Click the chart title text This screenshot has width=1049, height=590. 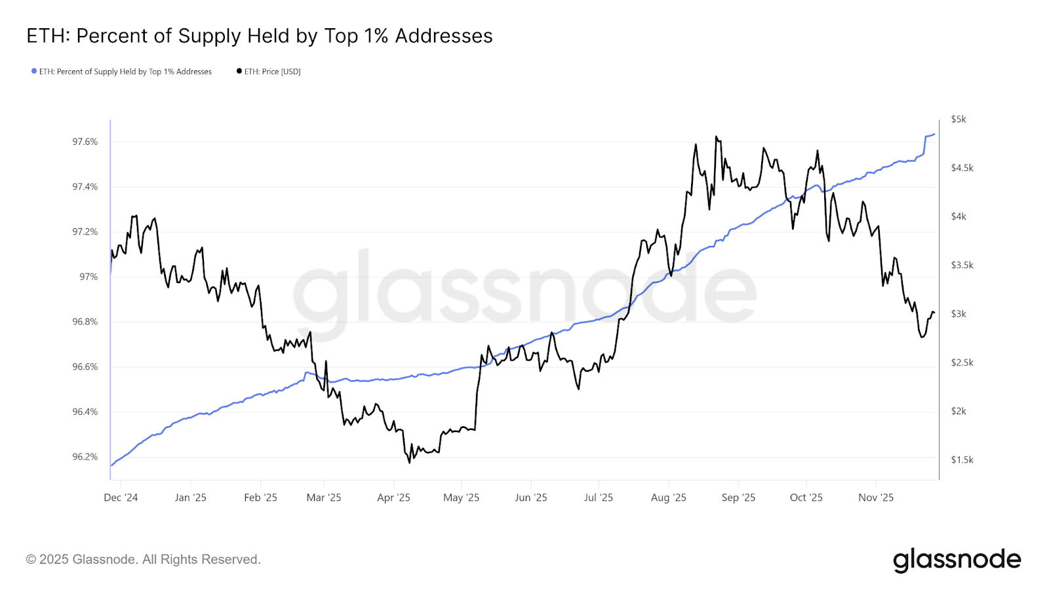[x=259, y=36]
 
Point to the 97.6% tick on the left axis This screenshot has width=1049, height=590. [x=85, y=142]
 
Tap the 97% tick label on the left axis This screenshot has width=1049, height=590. [x=89, y=277]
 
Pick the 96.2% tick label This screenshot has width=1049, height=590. [x=85, y=457]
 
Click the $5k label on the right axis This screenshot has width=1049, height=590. [x=959, y=119]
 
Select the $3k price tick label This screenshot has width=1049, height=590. [x=959, y=314]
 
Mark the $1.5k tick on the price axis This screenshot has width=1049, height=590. [x=962, y=460]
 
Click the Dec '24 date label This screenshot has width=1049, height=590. [x=121, y=498]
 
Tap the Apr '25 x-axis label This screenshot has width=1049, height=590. [x=393, y=498]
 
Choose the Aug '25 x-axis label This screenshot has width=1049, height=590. [x=668, y=498]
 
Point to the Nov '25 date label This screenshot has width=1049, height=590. [x=876, y=498]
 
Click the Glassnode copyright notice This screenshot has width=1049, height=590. [x=144, y=559]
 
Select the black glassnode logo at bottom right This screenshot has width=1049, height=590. [x=957, y=560]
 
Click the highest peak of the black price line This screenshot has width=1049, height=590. [x=716, y=136]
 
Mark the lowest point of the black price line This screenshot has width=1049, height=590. [x=410, y=463]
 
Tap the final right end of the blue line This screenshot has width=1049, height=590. [x=934, y=134]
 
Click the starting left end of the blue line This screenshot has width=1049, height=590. [x=111, y=465]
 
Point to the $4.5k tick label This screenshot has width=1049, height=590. [x=962, y=168]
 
